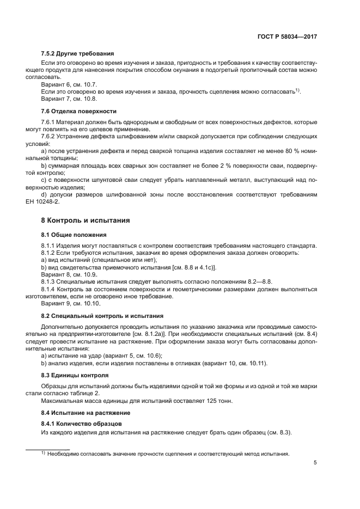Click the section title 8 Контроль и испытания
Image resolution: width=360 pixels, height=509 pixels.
point(78,221)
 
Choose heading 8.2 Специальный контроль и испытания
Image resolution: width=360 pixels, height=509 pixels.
point(103,315)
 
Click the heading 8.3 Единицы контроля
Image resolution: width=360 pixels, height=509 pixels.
point(75,376)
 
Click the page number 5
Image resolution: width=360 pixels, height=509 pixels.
point(315,463)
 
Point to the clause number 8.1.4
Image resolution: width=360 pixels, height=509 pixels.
point(49,289)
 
